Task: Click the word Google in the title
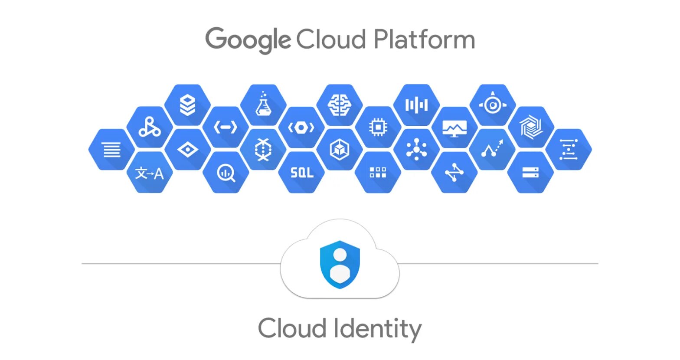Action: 248,40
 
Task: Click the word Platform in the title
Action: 424,40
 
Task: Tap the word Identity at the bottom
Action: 377,329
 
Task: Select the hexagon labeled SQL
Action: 301,173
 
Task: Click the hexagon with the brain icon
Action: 340,105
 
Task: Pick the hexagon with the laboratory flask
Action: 263,105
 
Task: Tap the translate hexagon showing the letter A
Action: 150,173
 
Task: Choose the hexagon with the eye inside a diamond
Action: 188,150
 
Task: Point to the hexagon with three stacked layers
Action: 187,105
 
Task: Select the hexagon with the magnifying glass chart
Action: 226,173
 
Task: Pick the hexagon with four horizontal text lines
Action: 111,150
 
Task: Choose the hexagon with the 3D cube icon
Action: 340,150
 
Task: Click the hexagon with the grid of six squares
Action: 378,173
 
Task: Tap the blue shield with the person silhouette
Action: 340,264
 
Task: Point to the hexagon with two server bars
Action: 530,173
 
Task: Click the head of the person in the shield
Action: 340,255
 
